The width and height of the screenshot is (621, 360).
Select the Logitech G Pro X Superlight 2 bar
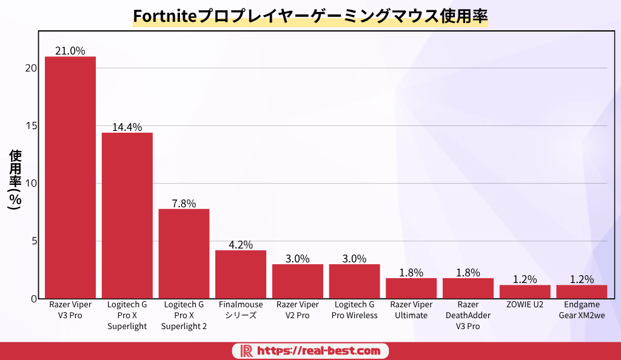click(184, 253)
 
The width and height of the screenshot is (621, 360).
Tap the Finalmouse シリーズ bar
click(241, 274)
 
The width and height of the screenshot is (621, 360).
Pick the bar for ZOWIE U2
click(525, 292)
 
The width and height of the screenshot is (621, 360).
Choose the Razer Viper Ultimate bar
click(411, 288)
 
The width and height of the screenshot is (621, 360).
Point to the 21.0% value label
click(70, 51)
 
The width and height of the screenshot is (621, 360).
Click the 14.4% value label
click(127, 127)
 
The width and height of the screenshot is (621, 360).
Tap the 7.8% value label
click(184, 204)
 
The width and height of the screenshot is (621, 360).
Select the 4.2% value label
click(241, 245)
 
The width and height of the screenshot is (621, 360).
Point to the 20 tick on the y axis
click(32, 68)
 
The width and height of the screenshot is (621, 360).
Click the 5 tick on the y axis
click(35, 241)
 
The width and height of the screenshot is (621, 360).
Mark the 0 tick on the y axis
click(35, 299)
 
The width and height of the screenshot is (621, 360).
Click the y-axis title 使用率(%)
click(15, 180)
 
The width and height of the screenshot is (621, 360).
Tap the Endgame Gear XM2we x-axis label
click(582, 310)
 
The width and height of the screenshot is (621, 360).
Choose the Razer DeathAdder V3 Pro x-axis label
click(468, 315)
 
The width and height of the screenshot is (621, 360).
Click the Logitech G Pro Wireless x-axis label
click(355, 310)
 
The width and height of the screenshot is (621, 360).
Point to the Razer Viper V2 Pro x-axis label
click(298, 310)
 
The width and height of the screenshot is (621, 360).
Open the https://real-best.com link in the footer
click(319, 351)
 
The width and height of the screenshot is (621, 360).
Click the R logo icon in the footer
click(246, 351)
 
